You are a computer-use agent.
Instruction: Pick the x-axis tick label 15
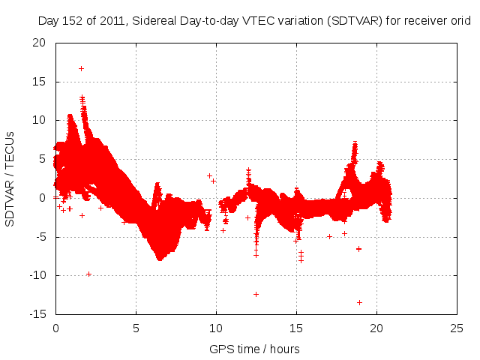(x=296, y=328)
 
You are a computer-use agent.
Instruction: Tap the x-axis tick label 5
(x=136, y=328)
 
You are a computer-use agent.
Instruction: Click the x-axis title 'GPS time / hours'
(x=255, y=349)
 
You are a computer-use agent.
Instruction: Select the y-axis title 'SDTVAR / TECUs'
(x=10, y=178)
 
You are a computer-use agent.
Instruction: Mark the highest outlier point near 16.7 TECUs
(x=81, y=68)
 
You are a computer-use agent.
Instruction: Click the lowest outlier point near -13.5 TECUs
(x=359, y=302)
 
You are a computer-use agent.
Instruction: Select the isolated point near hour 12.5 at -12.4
(x=256, y=294)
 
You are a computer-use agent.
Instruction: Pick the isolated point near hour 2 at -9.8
(x=88, y=274)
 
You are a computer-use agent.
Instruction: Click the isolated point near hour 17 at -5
(x=329, y=236)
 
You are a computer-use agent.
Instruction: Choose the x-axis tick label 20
(x=376, y=328)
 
